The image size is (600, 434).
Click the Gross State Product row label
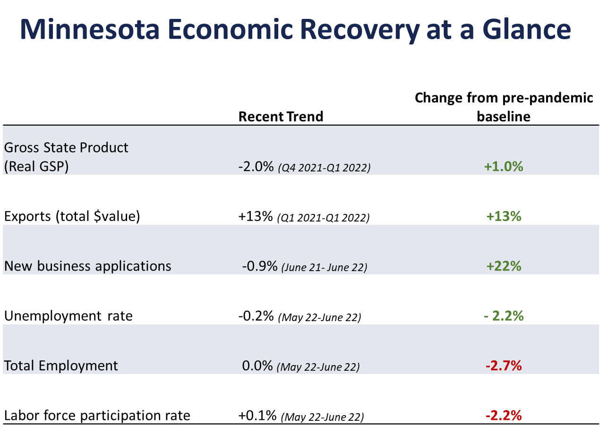[66, 147]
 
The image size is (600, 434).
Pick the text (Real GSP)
[36, 167]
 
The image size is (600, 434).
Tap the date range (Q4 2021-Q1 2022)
[324, 168]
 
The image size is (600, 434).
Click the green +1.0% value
[504, 167]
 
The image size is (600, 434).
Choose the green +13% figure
[504, 216]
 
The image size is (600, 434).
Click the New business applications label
[88, 266]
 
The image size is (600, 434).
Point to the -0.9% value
[259, 266]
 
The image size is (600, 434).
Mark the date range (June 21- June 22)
[324, 267]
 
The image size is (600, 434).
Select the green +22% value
[504, 266]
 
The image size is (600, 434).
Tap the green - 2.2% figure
[504, 316]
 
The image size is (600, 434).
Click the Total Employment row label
[61, 366]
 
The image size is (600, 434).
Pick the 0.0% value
[257, 366]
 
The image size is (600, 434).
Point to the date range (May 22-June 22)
[318, 367]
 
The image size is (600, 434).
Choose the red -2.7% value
[504, 366]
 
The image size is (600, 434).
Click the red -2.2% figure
[504, 416]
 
